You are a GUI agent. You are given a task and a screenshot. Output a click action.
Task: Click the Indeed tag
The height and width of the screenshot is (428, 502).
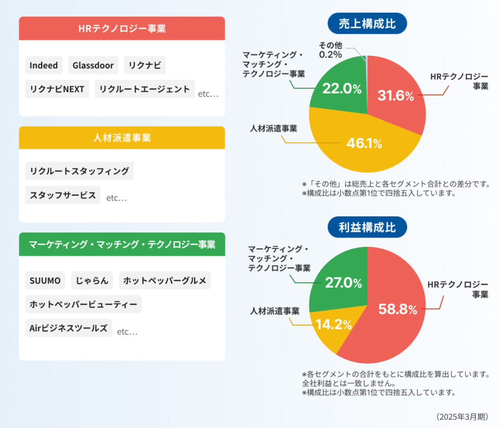tap(44, 65)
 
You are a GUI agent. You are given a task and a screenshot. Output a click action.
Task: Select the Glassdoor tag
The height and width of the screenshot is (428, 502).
tap(93, 65)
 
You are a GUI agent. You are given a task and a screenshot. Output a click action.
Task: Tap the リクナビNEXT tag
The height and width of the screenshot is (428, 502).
tap(57, 89)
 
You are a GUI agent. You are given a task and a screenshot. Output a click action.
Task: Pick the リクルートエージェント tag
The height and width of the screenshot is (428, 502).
tap(145, 89)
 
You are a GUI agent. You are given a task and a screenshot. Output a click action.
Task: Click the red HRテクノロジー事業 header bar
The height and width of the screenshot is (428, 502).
tap(122, 28)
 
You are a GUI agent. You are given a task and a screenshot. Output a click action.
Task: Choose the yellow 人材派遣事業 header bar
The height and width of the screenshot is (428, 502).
tap(122, 138)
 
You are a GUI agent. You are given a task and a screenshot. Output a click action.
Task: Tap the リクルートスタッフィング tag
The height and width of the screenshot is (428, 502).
tap(79, 171)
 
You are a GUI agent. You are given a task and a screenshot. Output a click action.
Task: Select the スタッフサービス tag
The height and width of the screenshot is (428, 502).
tap(63, 195)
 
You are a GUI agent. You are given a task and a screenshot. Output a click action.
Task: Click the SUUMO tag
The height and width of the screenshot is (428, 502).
tap(45, 281)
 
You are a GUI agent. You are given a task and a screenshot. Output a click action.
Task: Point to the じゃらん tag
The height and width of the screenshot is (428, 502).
tap(92, 281)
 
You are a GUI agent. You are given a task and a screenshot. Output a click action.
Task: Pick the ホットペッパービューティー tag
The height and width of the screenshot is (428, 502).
tap(83, 304)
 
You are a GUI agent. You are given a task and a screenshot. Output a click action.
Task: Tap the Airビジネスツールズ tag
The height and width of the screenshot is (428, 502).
tap(69, 328)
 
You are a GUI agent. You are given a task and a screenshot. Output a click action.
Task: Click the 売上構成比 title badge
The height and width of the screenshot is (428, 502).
tap(367, 24)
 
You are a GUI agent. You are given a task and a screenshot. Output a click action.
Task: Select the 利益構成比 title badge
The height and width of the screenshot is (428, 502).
tap(367, 227)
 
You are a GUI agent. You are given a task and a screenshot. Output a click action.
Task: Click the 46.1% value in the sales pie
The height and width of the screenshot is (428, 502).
tap(364, 143)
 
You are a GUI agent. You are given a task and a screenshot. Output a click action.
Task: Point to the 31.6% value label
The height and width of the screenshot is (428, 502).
tap(396, 96)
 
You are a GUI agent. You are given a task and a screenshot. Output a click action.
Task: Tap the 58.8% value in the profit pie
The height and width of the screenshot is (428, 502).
tap(397, 309)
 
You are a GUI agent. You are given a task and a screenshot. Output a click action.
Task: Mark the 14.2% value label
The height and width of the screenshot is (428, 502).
tap(334, 324)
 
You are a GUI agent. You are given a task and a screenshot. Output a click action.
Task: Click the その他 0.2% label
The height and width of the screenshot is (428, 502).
tap(330, 50)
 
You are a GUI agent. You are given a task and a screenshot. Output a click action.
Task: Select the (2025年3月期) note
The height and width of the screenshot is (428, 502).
tap(462, 417)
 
